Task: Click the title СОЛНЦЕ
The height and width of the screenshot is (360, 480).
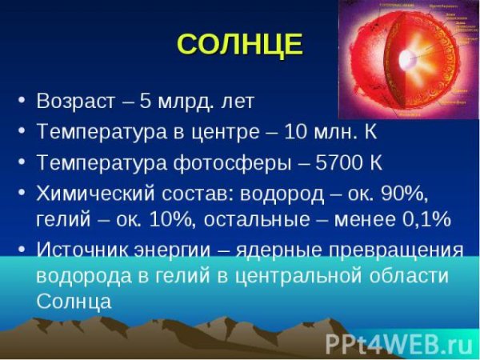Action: click(x=239, y=44)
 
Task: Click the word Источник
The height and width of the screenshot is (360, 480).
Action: click(x=83, y=250)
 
